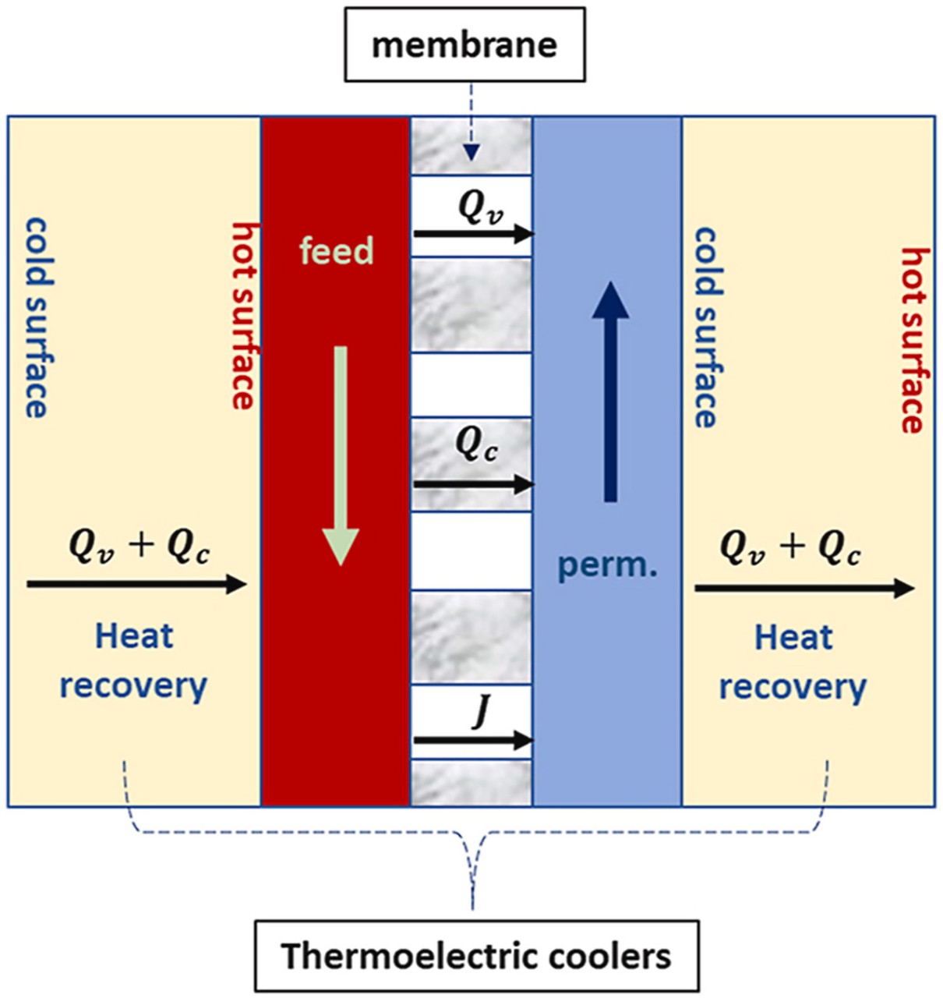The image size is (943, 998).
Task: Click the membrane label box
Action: pos(464,44)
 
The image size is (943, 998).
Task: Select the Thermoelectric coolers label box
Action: pos(476,956)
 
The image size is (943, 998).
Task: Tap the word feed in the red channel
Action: pos(337,251)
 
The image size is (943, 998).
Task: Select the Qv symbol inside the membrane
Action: pos(480,207)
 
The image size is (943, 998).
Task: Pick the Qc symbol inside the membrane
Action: pos(476,444)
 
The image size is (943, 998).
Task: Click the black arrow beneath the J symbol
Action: pos(473,740)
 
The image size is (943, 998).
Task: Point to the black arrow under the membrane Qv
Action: pos(473,233)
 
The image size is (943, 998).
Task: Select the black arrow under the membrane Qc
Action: pos(473,484)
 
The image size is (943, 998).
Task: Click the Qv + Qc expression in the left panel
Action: pos(139,546)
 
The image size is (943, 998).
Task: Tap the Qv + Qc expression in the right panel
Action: pos(789,547)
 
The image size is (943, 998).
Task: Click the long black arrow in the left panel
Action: pos(137,583)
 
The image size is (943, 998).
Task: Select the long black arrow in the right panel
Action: pos(803,587)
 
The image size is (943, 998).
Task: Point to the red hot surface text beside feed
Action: pos(244,315)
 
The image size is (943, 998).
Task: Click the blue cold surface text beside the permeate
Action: pos(705,327)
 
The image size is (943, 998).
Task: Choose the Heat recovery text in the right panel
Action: pos(793,663)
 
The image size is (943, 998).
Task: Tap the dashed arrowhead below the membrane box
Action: pos(470,153)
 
